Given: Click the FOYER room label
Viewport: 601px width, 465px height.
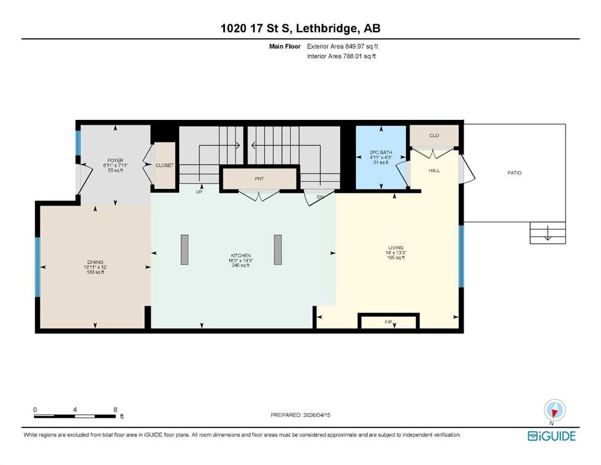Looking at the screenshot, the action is click(x=115, y=160).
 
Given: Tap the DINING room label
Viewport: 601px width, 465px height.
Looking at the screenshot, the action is click(x=95, y=262).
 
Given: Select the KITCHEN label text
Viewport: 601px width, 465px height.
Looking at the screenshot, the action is click(x=241, y=256).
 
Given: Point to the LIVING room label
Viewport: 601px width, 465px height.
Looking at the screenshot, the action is click(x=396, y=248).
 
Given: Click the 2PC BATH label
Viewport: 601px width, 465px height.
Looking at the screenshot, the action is click(x=381, y=152).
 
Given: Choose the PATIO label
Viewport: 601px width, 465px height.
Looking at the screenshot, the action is click(x=514, y=173).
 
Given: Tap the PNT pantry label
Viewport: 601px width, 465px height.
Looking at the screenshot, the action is click(x=260, y=179).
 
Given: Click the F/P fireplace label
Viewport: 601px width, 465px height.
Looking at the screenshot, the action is click(x=389, y=322).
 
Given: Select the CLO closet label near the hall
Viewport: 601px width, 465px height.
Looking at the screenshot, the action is click(x=434, y=135).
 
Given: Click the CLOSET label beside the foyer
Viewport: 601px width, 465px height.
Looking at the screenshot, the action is click(x=165, y=165).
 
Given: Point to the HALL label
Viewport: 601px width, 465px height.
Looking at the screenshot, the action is click(x=435, y=170).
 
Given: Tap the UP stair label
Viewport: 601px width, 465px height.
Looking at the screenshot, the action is click(x=199, y=192).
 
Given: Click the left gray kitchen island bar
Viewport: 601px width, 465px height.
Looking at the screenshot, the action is click(x=185, y=249).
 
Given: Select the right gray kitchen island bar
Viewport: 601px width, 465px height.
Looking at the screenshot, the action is click(x=278, y=249).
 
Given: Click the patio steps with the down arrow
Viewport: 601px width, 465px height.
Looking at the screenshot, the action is click(x=548, y=232).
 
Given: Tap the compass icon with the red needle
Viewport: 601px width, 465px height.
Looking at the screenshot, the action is click(x=554, y=410).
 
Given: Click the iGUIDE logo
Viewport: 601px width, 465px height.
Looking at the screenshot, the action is click(x=551, y=437).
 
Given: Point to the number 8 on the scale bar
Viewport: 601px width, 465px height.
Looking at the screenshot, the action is click(x=116, y=409).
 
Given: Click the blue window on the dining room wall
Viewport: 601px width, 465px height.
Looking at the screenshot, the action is click(x=38, y=267).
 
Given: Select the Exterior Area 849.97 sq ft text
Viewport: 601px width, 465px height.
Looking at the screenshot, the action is click(x=343, y=47).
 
